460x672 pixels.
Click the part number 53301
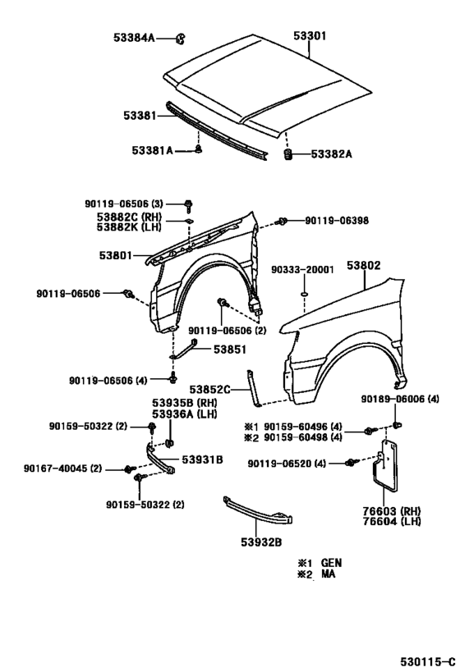(x=310, y=36)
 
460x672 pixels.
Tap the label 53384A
(x=134, y=38)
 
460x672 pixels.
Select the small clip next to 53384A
(x=181, y=39)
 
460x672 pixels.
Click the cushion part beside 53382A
(x=288, y=154)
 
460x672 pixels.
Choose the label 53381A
(x=153, y=150)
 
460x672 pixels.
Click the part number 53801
(x=116, y=255)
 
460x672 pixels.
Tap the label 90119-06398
(x=337, y=221)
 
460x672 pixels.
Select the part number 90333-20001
(x=302, y=270)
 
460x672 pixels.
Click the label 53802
(x=363, y=266)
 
